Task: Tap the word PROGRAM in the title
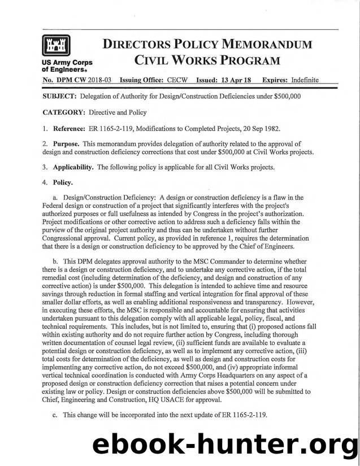(x=249, y=60)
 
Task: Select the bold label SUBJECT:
(x=60, y=97)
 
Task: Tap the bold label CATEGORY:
(x=63, y=113)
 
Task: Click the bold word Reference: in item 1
(x=71, y=129)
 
